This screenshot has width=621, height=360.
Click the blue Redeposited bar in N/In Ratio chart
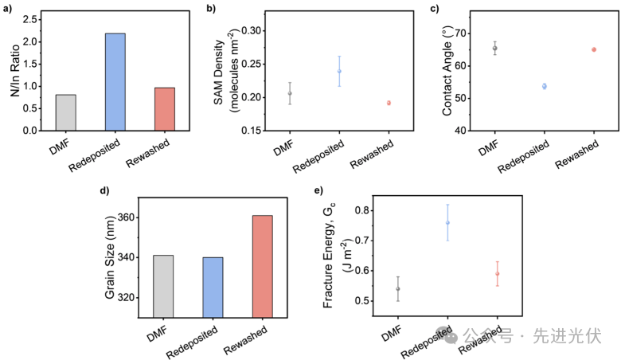point(115,81)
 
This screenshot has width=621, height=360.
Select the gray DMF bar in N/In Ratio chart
point(66,112)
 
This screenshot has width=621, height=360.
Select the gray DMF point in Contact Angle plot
point(494,48)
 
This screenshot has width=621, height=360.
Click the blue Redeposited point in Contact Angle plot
point(545,86)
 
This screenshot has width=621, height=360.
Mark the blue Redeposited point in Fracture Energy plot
point(448,223)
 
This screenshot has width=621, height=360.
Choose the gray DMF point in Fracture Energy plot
point(398,288)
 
